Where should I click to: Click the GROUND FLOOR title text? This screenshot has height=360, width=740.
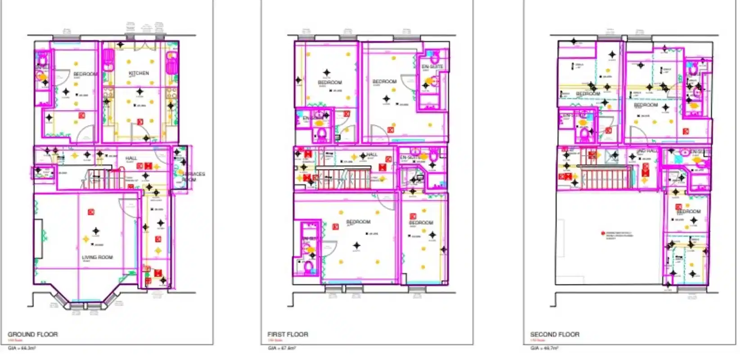pos(32,334)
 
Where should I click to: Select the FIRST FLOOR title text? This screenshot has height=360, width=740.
pos(288,334)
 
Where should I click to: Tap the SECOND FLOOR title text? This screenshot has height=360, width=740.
pos(555,334)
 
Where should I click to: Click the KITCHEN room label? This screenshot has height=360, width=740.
pos(139,73)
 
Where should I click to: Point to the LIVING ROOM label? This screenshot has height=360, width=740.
pos(97,257)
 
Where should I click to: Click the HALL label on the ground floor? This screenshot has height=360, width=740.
pos(131,158)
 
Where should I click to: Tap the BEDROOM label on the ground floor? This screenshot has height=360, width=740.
pos(85,74)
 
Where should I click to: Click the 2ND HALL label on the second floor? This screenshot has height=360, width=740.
pos(647,151)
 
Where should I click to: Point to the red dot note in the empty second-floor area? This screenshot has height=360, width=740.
pos(603,233)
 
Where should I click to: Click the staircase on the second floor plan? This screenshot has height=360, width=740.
pos(605,179)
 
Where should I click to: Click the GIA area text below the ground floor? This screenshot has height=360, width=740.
pos(22,348)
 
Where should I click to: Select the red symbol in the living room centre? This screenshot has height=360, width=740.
pos(91,212)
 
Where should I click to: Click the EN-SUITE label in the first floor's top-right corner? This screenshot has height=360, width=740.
pos(432,67)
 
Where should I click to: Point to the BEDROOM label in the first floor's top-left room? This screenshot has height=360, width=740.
pos(329,83)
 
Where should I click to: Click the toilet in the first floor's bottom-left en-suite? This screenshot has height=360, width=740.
pos(309,267)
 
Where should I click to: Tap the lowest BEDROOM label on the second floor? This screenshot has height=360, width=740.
pos(688,211)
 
